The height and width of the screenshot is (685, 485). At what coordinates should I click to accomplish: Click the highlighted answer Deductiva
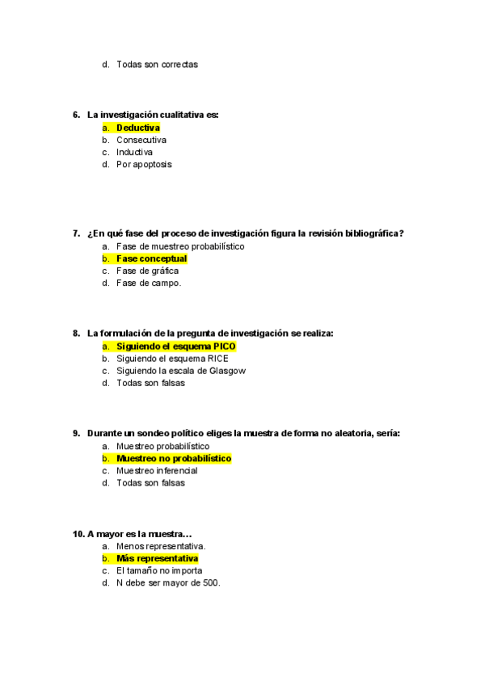137,128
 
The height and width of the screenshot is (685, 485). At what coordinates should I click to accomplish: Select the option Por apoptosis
144,164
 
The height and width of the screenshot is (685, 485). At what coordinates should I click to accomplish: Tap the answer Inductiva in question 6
134,152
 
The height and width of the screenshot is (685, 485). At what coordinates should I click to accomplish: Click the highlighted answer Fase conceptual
151,258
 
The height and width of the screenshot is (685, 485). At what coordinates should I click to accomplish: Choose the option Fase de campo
149,283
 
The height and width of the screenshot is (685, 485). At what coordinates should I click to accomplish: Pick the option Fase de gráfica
147,271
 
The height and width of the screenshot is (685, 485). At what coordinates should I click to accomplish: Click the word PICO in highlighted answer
225,346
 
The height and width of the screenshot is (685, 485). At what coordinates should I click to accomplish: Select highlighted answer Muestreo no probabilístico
173,458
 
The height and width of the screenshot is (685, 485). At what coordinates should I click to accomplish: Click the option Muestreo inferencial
157,470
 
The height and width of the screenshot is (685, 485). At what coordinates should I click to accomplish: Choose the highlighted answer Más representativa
157,558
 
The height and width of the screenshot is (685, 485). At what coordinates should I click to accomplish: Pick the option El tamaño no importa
159,570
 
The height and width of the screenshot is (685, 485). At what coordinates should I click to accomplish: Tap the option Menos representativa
160,546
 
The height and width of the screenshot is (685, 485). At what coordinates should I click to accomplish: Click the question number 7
76,233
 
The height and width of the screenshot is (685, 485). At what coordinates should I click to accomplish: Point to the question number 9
76,433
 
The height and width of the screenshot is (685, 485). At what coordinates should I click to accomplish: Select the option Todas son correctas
157,64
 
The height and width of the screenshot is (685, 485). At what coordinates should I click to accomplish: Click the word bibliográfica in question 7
369,233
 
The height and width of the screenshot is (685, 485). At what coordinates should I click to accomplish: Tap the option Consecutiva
141,140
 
